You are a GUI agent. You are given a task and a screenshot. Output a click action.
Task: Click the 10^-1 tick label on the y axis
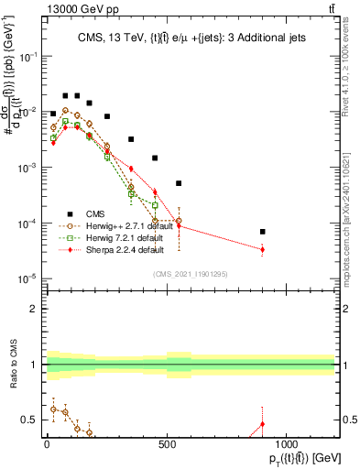pyautogui.click(x=28, y=56)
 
